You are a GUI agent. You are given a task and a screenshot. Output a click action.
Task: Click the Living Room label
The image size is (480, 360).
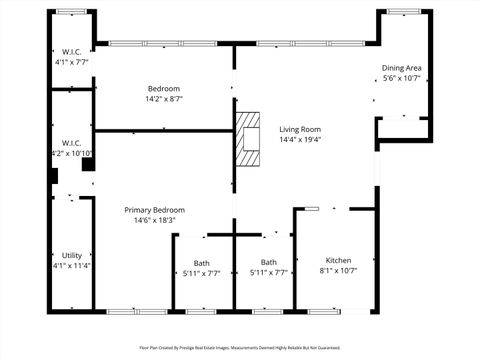click(x=299, y=129)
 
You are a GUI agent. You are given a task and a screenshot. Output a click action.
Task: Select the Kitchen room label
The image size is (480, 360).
click(x=337, y=258)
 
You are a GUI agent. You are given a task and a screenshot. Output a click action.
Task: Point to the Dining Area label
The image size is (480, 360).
click(x=401, y=68)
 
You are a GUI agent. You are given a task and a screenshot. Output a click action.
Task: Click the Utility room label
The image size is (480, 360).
click(x=72, y=255)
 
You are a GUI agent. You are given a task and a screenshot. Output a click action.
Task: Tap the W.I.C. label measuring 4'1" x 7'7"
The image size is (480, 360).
click(x=72, y=52)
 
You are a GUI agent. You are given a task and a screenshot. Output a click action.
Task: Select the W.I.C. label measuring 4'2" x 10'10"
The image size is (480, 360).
click(x=72, y=144)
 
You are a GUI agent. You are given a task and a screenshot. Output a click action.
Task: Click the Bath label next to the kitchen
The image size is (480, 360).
click(x=269, y=262)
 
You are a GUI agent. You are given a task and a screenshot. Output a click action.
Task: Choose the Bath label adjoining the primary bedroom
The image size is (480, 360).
click(x=202, y=262)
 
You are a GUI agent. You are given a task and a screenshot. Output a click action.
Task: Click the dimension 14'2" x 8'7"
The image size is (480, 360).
click(x=164, y=99)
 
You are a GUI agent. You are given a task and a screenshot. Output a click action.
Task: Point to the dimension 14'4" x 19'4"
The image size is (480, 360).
click(x=299, y=140)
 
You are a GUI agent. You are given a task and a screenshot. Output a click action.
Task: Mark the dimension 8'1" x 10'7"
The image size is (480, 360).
click(x=337, y=269)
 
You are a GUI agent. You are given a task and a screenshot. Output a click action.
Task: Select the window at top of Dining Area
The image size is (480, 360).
click(x=403, y=11)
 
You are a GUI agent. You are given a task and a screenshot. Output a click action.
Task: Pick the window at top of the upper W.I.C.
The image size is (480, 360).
click(x=71, y=11)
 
